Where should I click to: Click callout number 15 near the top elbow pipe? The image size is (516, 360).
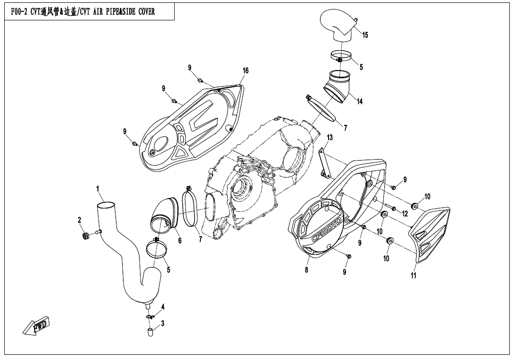(x=365, y=35)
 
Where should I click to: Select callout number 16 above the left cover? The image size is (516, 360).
(x=245, y=71)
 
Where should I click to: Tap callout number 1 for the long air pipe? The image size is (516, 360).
(x=98, y=189)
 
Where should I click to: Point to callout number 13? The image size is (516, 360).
(x=329, y=137)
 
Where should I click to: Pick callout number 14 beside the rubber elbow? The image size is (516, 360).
(x=360, y=101)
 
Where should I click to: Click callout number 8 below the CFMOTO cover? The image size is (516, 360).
(x=307, y=270)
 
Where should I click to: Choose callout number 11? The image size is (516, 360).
(x=413, y=276)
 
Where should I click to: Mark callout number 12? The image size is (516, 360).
(x=405, y=214)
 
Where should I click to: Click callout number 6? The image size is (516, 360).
(x=180, y=241)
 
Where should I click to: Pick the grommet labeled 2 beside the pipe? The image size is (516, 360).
(x=86, y=235)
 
